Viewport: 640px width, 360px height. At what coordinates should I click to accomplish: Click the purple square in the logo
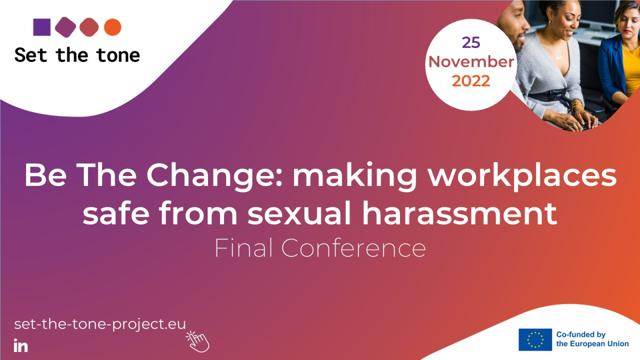coord(42,27)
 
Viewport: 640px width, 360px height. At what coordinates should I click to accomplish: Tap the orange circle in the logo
coord(112,27)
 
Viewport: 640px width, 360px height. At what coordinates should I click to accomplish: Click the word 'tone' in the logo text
coord(118,54)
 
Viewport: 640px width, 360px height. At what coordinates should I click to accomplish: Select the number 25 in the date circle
coord(470,43)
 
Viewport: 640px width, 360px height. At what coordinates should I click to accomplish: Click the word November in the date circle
coord(471,62)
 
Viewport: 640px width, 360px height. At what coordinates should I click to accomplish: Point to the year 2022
coord(471,81)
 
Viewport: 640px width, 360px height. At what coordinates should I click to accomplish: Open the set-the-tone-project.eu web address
coord(100,324)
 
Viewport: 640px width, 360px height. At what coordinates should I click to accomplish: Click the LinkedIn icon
coord(21,345)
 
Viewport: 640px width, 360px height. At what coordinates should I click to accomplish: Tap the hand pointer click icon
coord(198,341)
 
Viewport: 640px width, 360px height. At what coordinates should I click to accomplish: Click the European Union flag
coord(535,339)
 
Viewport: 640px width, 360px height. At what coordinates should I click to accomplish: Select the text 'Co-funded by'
coord(581,334)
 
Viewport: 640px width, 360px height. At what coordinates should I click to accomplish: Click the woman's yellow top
coord(631,70)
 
